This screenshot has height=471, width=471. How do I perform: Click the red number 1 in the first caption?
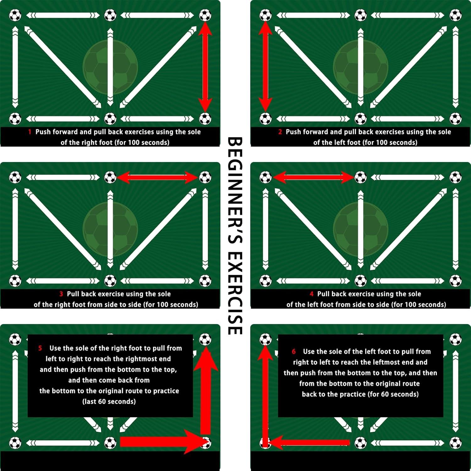point(30,132)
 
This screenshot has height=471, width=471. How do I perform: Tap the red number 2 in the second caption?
point(280,132)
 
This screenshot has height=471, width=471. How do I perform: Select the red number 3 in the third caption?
point(61,294)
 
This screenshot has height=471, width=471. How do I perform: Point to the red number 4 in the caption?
point(311,294)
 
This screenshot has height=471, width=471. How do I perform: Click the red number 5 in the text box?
point(40,348)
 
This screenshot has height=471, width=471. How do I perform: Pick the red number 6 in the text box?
point(294,352)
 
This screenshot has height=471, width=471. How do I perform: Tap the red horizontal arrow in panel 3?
point(157,177)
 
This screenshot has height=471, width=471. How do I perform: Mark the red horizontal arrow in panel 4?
point(313,177)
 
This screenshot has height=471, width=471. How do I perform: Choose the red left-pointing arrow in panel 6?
point(309,443)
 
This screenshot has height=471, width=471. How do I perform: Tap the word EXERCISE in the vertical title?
point(235,294)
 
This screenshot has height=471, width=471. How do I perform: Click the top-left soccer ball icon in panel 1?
point(15,15)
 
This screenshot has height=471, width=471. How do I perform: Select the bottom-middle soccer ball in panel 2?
point(360,119)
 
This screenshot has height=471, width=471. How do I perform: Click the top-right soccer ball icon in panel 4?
point(455,177)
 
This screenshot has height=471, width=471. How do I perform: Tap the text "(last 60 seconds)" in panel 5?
point(109,402)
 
